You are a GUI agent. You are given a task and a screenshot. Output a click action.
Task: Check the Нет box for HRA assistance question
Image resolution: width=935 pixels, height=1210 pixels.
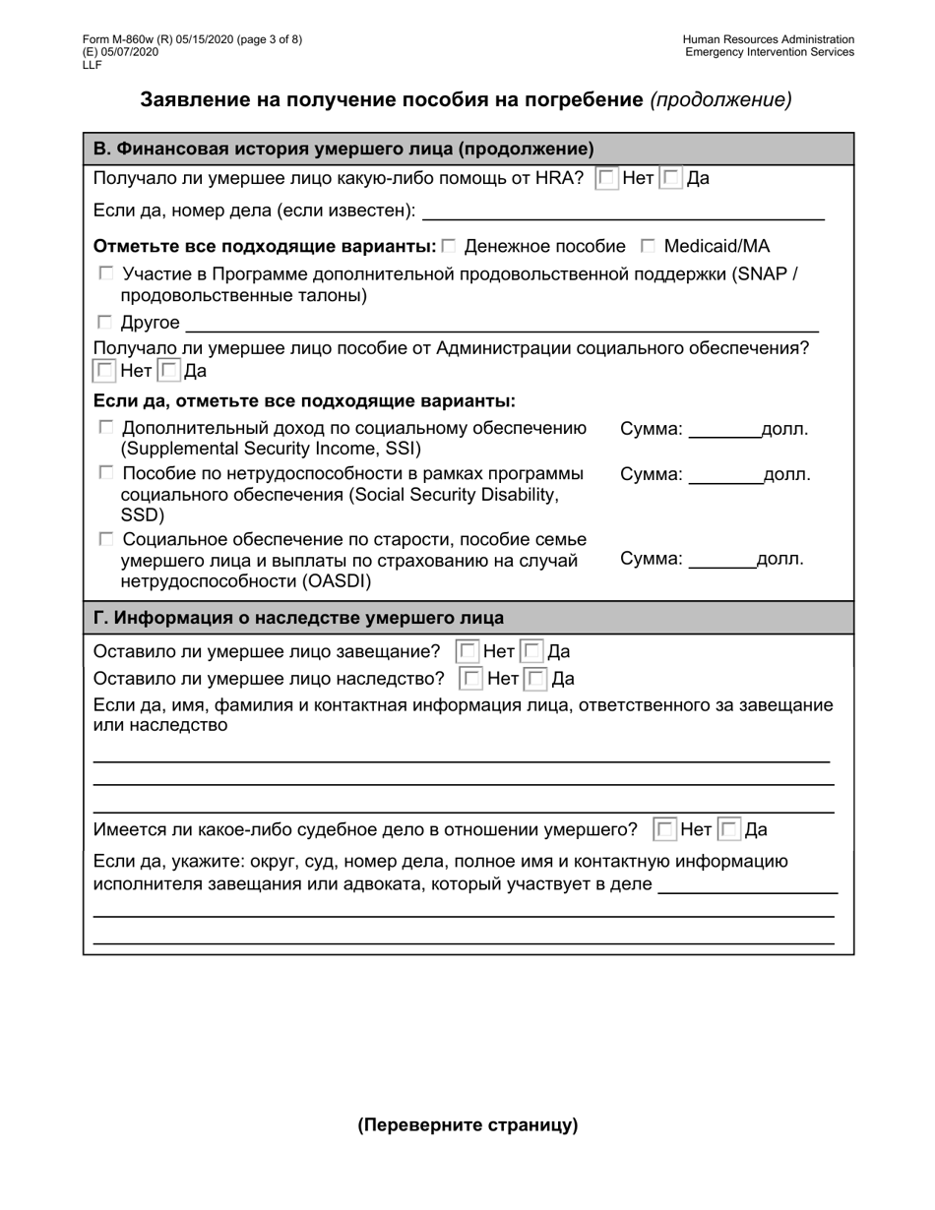[x=607, y=179]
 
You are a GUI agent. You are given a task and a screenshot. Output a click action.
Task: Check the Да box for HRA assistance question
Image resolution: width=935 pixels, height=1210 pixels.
[x=671, y=179]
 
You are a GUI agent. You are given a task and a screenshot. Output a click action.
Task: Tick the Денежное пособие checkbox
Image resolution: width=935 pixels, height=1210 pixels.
[x=449, y=246]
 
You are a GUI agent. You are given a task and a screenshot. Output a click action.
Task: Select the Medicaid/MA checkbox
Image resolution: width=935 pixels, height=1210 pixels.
[x=649, y=246]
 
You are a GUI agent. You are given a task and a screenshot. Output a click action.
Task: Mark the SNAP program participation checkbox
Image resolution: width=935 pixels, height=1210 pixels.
[x=105, y=273]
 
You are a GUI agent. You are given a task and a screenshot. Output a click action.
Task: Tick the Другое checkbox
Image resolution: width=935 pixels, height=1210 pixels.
[x=105, y=322]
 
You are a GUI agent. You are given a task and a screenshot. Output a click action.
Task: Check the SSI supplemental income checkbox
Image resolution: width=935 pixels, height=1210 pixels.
[x=105, y=428]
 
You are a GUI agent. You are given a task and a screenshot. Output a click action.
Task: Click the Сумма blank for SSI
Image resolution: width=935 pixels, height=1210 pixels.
[x=723, y=429]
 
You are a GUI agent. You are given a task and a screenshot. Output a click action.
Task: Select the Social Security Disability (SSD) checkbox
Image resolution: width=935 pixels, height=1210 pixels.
[x=105, y=474]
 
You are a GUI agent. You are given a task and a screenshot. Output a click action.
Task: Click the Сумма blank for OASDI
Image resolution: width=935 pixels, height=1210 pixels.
[x=721, y=559]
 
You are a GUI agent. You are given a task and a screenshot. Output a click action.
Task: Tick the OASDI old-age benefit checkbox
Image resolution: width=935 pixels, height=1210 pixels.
[x=105, y=539]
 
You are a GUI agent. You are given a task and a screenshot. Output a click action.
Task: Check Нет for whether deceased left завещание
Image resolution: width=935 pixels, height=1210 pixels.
[x=467, y=651]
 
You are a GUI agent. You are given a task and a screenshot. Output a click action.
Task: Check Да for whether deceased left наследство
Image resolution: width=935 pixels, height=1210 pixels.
[x=536, y=679]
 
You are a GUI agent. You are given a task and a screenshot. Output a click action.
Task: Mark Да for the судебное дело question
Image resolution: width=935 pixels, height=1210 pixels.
[x=729, y=829]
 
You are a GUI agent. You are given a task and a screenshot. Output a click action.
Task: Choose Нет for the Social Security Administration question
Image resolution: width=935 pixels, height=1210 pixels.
[x=103, y=371]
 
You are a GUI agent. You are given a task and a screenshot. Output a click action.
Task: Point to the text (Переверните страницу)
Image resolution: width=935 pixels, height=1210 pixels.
[x=467, y=1125]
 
